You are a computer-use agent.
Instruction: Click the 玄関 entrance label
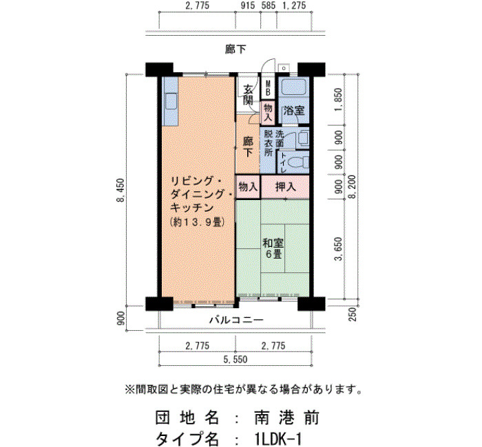(248, 95)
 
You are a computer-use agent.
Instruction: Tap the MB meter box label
(268, 87)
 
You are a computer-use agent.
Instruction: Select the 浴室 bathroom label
(293, 111)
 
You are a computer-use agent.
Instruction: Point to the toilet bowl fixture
(300, 162)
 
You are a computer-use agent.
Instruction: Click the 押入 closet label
(286, 186)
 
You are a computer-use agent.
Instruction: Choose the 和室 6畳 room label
(273, 248)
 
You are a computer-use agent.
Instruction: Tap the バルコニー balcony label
(236, 320)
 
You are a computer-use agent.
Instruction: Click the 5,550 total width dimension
(235, 359)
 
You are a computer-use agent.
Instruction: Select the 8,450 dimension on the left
(120, 190)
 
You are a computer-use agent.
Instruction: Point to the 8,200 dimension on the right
(352, 187)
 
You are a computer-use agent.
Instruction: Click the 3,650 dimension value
(338, 249)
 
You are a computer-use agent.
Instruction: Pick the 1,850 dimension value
(338, 100)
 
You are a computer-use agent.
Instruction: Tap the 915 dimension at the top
(248, 6)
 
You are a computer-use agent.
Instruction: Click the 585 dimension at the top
(269, 6)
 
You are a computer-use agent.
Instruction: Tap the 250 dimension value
(353, 314)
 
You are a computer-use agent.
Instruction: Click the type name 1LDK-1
(278, 438)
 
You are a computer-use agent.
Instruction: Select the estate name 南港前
(286, 418)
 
